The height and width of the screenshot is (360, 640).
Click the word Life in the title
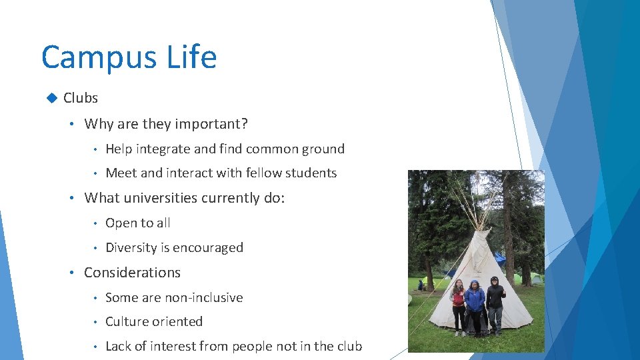click(x=192, y=57)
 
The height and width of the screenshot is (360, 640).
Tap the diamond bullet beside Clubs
click(x=51, y=98)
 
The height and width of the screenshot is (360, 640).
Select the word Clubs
click(x=81, y=98)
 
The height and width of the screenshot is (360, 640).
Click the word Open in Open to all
click(x=121, y=223)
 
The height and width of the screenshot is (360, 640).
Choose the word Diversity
click(x=131, y=248)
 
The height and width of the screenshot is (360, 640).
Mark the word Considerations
click(x=132, y=273)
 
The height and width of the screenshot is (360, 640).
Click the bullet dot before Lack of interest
click(x=95, y=347)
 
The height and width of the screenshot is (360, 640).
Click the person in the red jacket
click(x=459, y=304)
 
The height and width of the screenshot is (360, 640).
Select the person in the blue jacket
click(x=475, y=305)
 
